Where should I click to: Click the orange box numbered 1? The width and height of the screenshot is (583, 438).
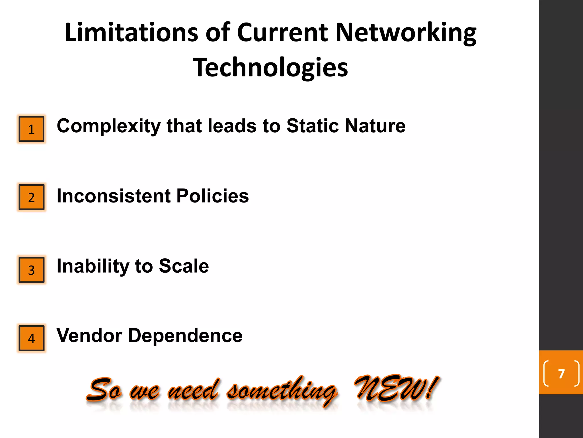coord(31,129)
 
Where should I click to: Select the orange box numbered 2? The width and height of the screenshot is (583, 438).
coord(31,197)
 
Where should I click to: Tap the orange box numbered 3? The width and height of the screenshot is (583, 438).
coord(31,270)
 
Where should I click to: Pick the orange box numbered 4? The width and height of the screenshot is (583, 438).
coord(31,338)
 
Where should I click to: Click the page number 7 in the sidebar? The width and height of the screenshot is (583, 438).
coord(561,373)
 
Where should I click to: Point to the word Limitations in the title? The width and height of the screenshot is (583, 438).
coord(131,33)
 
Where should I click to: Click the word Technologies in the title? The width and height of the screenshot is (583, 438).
coord(270,68)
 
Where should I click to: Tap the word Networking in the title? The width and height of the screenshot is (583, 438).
coord(406,33)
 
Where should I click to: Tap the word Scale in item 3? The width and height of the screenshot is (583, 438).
coord(184,266)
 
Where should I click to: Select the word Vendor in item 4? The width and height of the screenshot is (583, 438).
coord(89,335)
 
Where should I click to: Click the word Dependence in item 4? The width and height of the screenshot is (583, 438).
coord(185,335)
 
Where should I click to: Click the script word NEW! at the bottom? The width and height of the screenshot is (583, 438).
coord(396,388)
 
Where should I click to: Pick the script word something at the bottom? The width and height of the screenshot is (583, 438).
coord(282,391)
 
